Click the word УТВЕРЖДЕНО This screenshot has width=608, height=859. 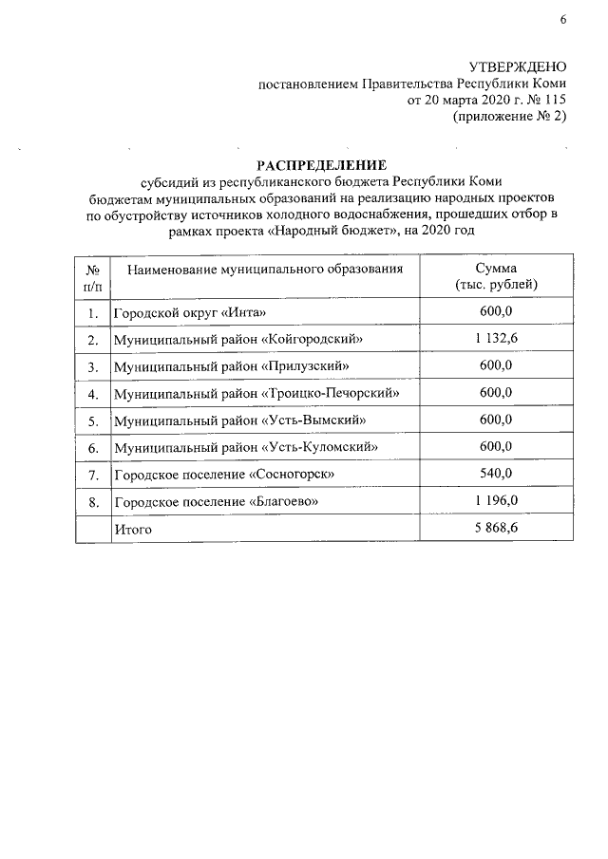pyautogui.click(x=518, y=66)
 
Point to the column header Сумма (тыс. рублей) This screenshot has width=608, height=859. pyautogui.click(x=496, y=276)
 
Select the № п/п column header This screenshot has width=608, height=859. pyautogui.click(x=93, y=276)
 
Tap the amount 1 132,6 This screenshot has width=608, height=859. pyautogui.click(x=496, y=339)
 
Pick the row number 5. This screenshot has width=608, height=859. pyautogui.click(x=92, y=420)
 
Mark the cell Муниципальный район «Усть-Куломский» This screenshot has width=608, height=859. pyautogui.click(x=246, y=446)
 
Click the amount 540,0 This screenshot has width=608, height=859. pyautogui.click(x=496, y=473)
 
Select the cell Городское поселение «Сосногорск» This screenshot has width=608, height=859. pyautogui.click(x=223, y=474)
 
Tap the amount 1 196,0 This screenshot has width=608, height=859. pyautogui.click(x=496, y=499)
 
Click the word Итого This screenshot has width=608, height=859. pyautogui.click(x=133, y=529)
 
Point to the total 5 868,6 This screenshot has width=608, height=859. pyautogui.click(x=496, y=528)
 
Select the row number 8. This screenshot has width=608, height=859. pyautogui.click(x=92, y=500)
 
